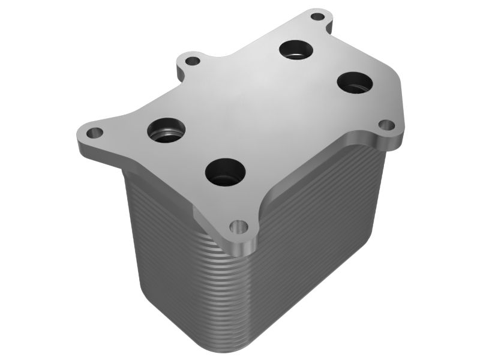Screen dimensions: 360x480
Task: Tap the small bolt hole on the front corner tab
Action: (239, 227)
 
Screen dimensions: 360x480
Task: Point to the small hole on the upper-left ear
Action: (191, 61)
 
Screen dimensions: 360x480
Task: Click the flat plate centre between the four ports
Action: (258, 108)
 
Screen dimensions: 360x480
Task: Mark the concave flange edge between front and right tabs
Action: (312, 174)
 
